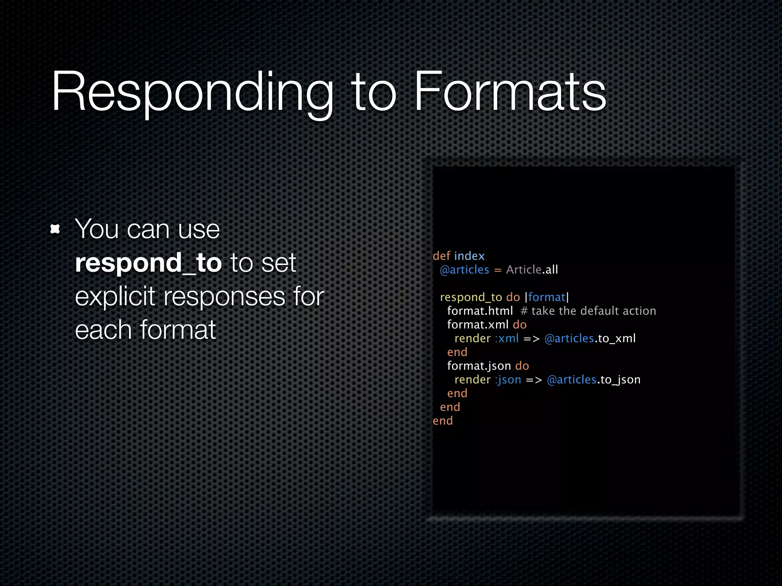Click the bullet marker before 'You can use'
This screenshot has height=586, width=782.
point(55,229)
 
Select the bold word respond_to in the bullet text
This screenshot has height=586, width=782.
point(148,263)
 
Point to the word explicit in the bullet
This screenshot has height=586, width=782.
point(115,296)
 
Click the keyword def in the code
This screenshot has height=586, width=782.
point(441,256)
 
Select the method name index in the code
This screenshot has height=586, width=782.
point(469,256)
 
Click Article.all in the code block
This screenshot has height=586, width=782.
point(532,270)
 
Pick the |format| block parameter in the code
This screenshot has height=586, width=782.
point(547,297)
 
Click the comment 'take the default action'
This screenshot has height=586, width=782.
point(593,311)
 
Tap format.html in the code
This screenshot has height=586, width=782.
point(480,311)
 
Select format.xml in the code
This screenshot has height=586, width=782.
point(478,325)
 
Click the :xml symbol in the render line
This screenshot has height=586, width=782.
point(507,338)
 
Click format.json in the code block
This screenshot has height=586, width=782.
point(479,366)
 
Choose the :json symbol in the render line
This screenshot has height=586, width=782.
point(508,380)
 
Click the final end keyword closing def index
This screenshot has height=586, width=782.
point(443,421)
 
